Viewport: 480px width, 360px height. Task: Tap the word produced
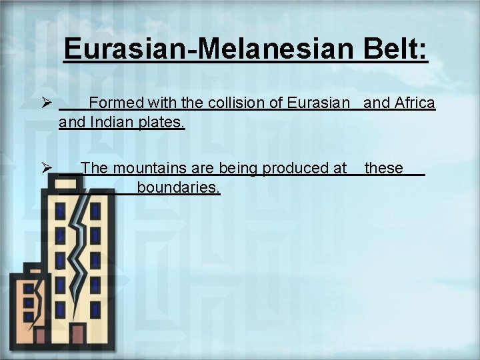(295, 169)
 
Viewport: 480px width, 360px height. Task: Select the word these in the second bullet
(384, 169)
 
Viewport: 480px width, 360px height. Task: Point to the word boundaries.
(179, 188)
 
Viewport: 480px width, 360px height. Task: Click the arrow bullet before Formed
(47, 104)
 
